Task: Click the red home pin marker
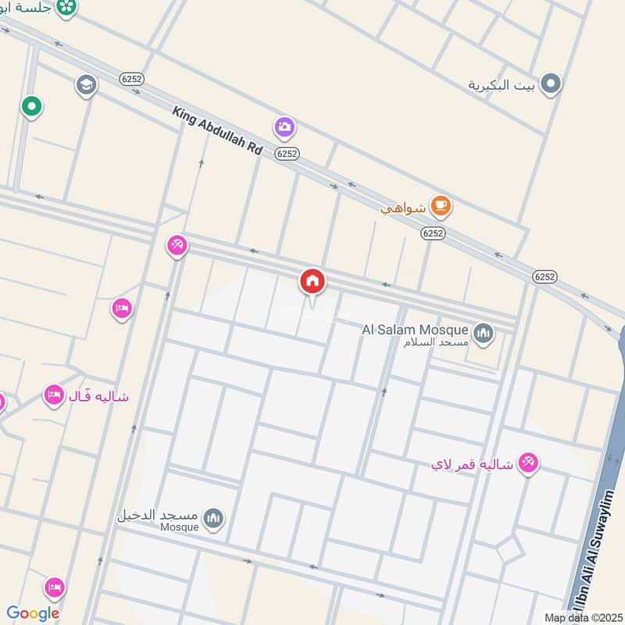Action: [x=312, y=282]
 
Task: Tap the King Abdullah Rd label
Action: [x=217, y=130]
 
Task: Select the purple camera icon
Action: [x=284, y=127]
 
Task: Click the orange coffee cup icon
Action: [x=442, y=206]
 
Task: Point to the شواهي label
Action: [x=403, y=208]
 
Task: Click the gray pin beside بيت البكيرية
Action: [x=552, y=84]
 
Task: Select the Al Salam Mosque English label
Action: [x=415, y=330]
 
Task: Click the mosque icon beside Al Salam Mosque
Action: [x=484, y=334]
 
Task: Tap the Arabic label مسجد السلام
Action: [x=436, y=343]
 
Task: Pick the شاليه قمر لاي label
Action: [x=472, y=464]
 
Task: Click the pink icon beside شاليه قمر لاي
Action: [x=529, y=463]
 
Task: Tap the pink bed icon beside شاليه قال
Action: [x=54, y=395]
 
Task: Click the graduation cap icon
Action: [x=86, y=85]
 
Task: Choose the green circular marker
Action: [x=31, y=105]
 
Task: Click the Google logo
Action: [x=33, y=613]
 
